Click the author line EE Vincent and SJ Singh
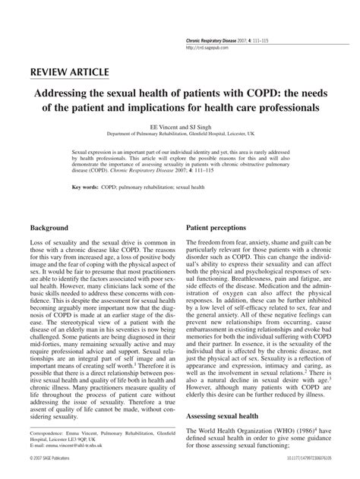[179, 128]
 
